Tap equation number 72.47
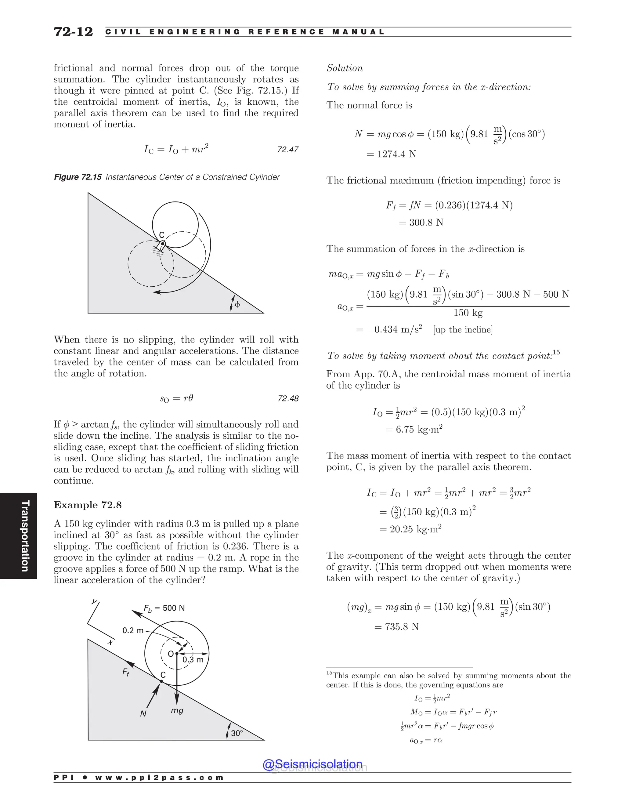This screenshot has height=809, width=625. (288, 150)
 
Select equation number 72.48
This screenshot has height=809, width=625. (288, 399)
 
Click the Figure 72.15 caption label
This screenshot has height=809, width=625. (78, 177)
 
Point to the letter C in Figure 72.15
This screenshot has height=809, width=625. (161, 235)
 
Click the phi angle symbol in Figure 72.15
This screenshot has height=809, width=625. (237, 304)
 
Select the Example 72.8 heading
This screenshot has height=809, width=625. (88, 505)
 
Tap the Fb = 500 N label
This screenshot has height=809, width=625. (164, 608)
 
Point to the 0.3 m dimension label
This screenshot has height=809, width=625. (193, 660)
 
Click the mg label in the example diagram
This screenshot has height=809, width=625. (177, 710)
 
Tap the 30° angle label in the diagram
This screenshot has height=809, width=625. (237, 733)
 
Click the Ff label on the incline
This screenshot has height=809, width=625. (126, 672)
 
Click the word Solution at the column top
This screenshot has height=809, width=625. (344, 68)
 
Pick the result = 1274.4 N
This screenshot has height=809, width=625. (391, 154)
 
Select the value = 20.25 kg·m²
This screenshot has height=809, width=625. (410, 529)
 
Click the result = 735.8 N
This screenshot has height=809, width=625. (396, 627)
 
